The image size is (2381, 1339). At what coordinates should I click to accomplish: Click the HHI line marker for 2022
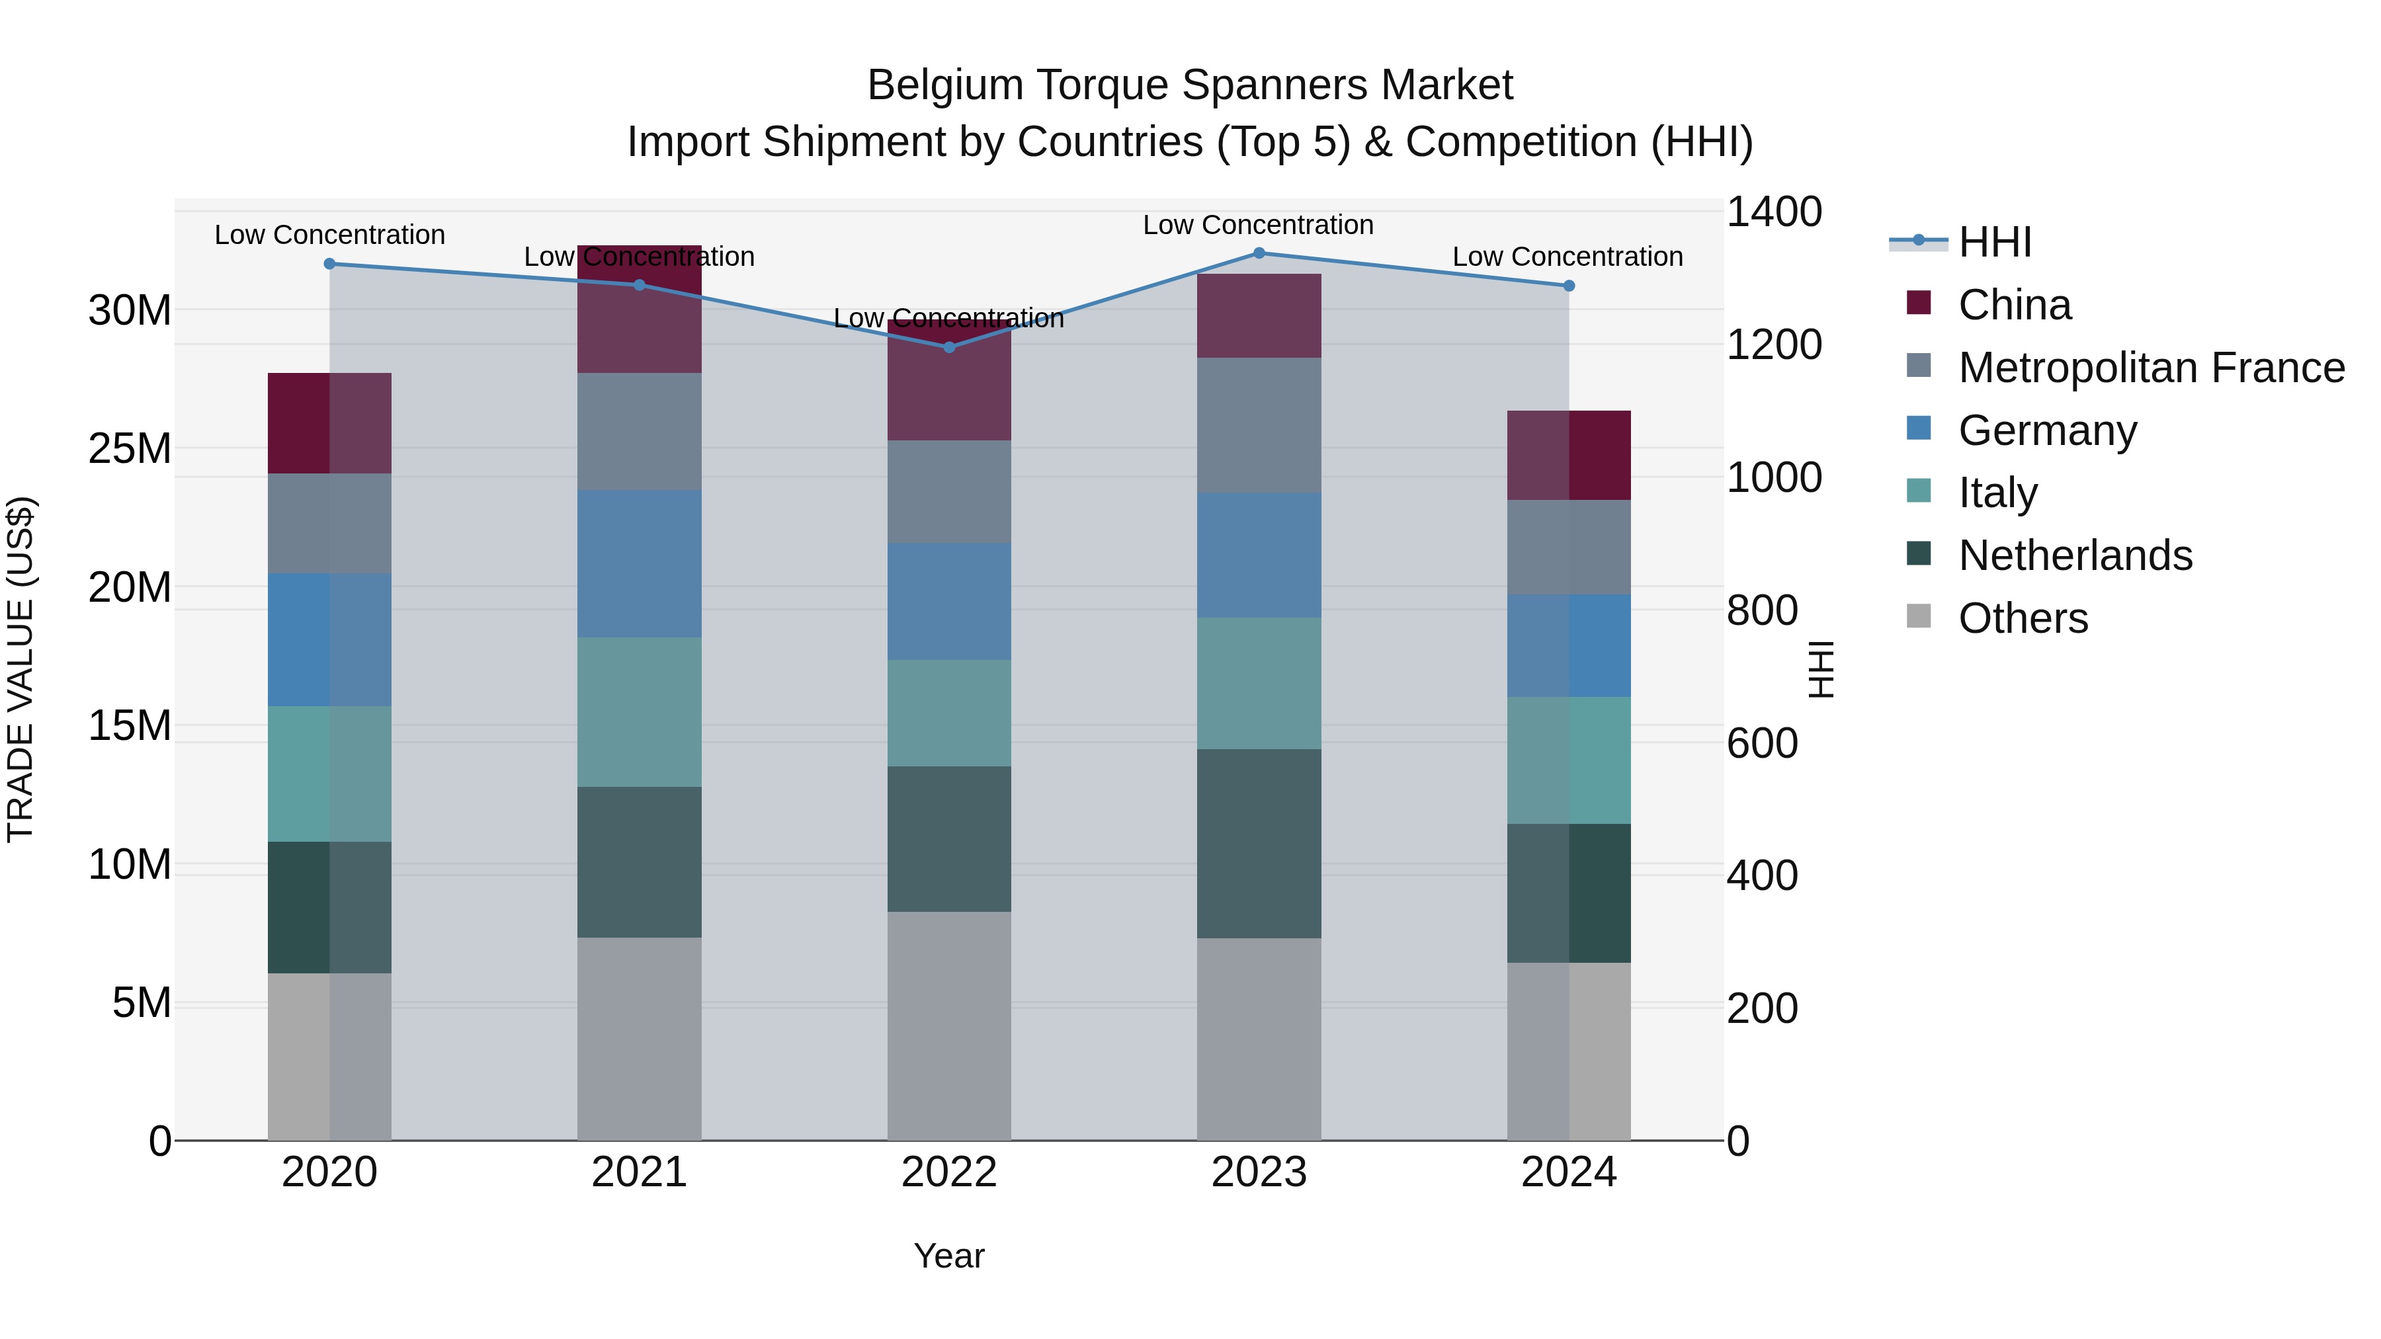tap(949, 347)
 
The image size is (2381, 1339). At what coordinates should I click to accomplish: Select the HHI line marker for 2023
tap(1259, 253)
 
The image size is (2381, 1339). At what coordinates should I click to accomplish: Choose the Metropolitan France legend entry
tap(2150, 368)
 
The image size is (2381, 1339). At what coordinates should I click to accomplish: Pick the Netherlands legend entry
tap(2074, 555)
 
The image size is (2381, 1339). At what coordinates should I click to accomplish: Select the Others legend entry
tap(2023, 618)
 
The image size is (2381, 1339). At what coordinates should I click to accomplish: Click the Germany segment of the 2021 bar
tap(640, 563)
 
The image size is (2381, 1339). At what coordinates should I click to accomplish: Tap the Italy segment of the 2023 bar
tap(1259, 684)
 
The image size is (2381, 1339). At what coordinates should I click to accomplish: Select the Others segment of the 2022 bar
tap(949, 1026)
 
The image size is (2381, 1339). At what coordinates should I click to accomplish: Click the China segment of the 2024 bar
tap(1569, 456)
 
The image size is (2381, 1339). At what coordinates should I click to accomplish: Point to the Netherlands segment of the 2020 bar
tap(330, 907)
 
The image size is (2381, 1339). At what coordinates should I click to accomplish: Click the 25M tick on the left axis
tap(130, 449)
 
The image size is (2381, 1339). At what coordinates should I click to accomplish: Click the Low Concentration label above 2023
tap(1258, 225)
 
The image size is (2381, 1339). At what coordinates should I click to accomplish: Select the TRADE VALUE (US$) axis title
tap(21, 669)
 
